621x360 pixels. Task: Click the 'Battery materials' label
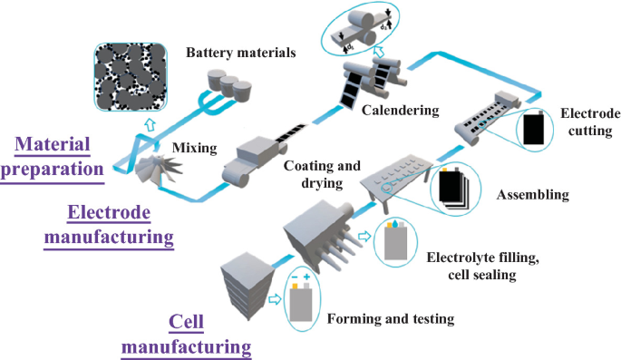[241, 53]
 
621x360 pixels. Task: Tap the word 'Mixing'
[194, 149]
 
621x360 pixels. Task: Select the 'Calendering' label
[401, 111]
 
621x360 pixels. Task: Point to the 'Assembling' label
[533, 194]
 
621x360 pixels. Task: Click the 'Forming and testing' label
[391, 319]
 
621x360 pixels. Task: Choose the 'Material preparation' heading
[53, 157]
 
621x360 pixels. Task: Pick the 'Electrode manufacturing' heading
[109, 225]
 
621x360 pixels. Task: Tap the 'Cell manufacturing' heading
[186, 335]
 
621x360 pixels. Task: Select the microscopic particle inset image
[131, 77]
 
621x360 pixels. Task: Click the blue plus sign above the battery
[306, 277]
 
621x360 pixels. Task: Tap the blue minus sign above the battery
[295, 277]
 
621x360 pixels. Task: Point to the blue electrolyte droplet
[395, 224]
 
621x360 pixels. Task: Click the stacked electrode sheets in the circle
[454, 189]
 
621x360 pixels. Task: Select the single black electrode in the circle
[534, 128]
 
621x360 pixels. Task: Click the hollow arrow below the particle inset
[150, 124]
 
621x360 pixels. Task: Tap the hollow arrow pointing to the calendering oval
[379, 51]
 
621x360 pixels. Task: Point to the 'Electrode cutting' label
[590, 122]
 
